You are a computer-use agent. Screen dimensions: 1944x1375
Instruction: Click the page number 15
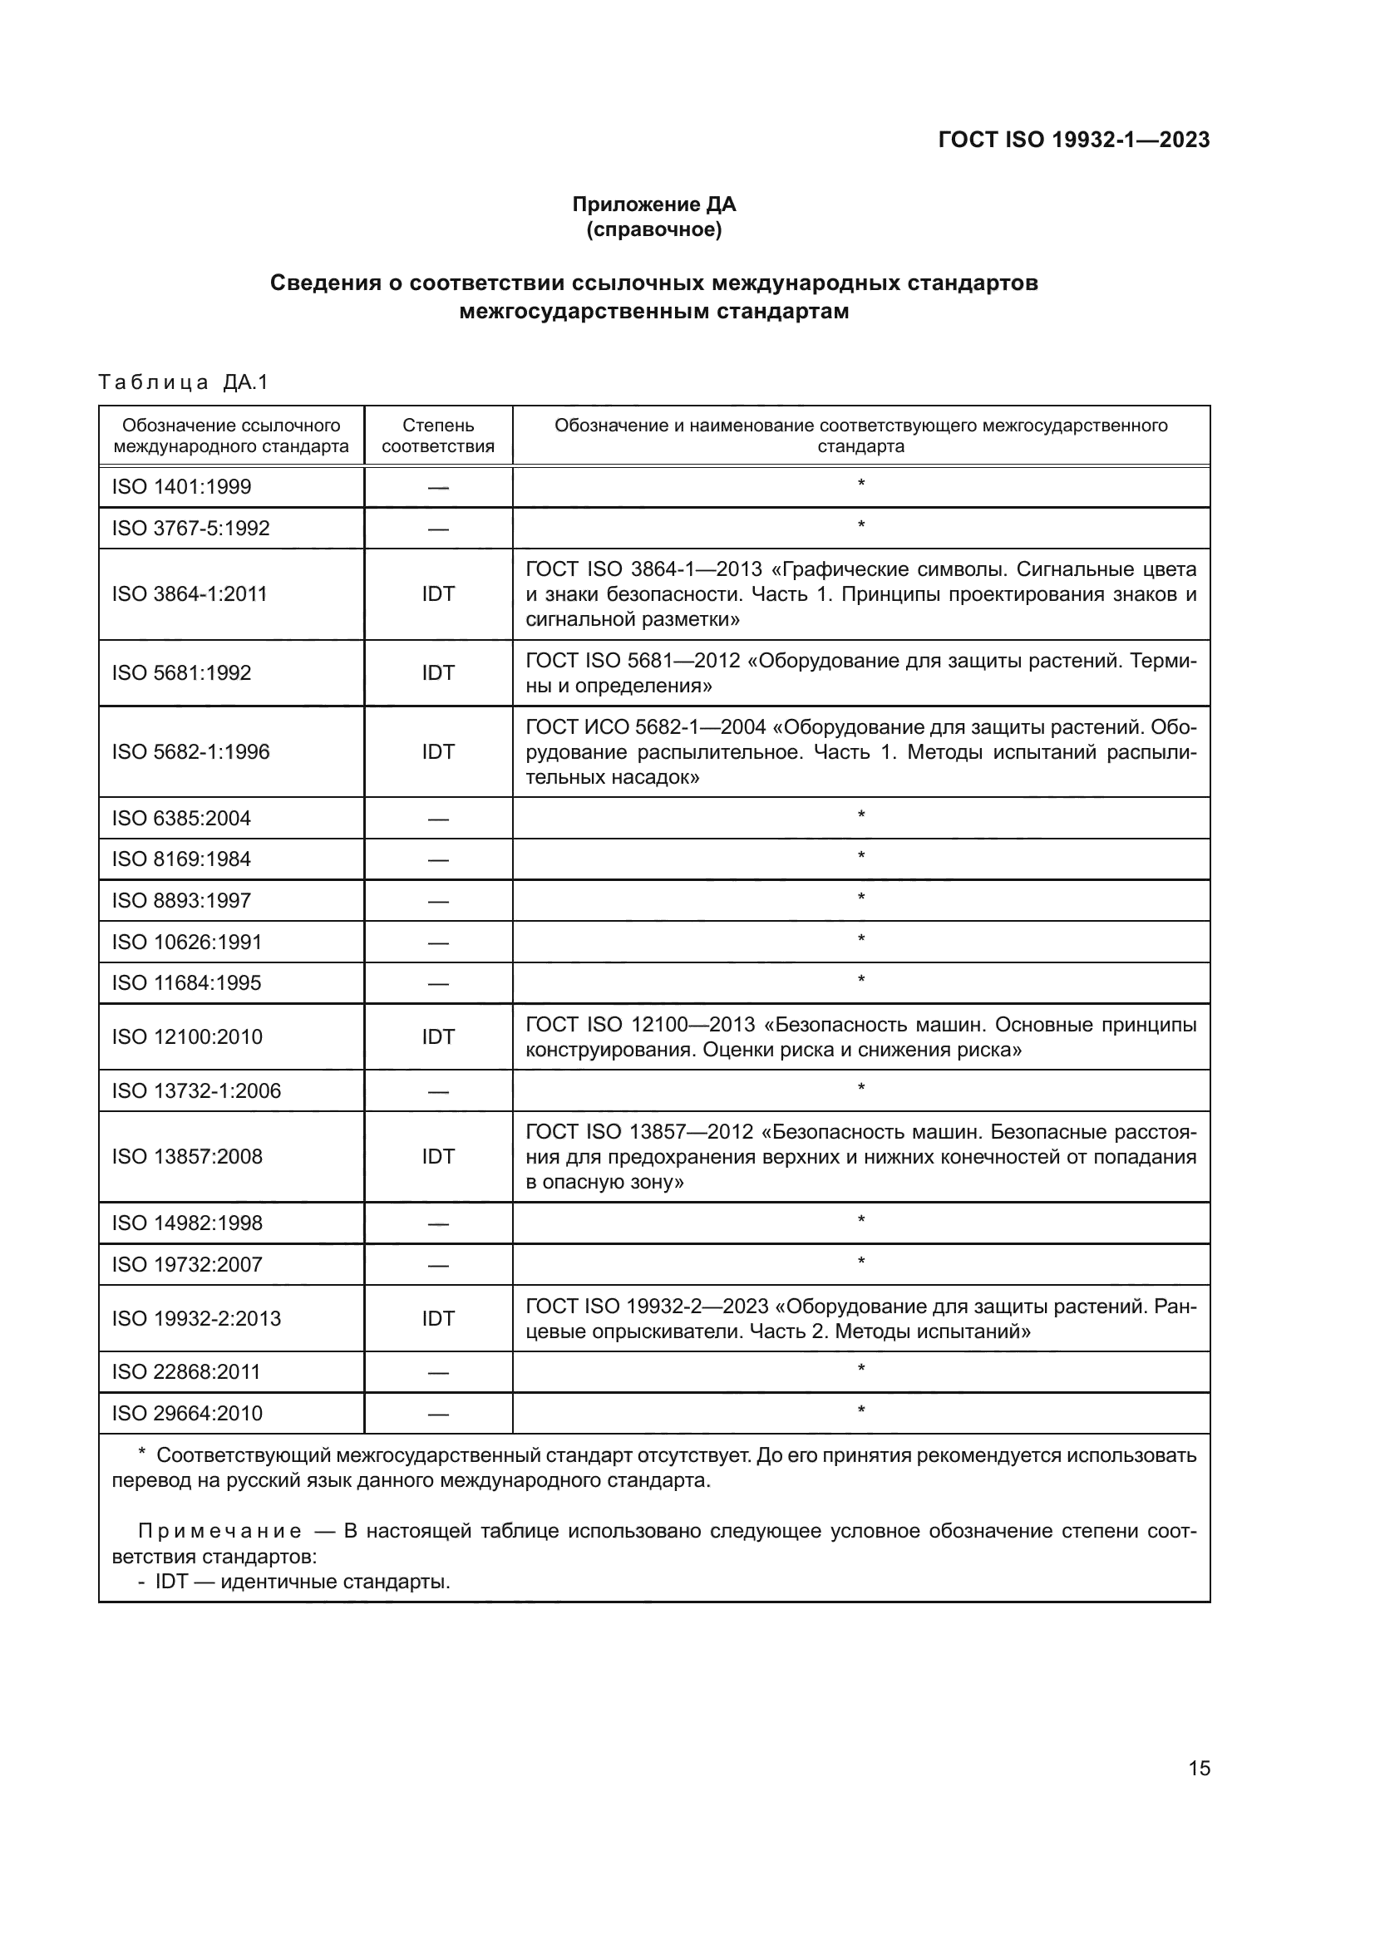coord(1199,1769)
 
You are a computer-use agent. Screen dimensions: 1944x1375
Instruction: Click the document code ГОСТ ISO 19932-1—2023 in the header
coord(1073,140)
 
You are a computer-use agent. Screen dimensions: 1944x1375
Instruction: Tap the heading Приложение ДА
coord(653,204)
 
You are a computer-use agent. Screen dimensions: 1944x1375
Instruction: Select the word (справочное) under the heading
coord(653,230)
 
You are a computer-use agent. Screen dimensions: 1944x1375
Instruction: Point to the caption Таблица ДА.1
coord(183,382)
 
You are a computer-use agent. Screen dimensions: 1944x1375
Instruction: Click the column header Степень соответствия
coord(438,436)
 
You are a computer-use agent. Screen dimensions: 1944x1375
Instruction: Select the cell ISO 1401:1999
coord(181,487)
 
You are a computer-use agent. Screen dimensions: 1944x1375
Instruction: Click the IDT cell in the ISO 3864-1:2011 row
coord(438,594)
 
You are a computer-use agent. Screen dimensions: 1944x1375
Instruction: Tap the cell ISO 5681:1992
coord(181,673)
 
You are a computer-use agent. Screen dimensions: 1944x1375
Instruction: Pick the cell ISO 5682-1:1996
coord(190,752)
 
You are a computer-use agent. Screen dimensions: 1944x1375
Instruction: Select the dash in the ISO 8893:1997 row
coord(438,902)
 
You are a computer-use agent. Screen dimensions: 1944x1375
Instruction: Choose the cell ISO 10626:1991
coord(187,942)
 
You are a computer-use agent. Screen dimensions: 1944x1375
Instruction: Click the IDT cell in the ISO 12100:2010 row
coord(438,1037)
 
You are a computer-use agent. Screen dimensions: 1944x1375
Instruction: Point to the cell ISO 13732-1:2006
coord(196,1090)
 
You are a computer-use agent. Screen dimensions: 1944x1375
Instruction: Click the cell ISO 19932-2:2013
coord(196,1318)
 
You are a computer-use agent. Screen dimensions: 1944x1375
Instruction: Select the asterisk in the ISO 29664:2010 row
coord(861,1411)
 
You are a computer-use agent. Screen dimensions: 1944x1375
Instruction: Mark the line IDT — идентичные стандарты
coord(302,1582)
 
